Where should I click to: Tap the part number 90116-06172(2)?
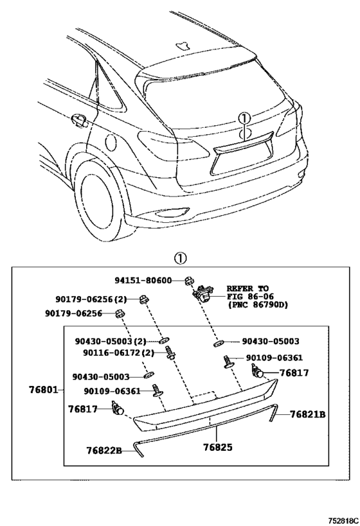pyautogui.click(x=118, y=353)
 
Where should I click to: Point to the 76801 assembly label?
pyautogui.click(x=42, y=390)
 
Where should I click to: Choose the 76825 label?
pyautogui.click(x=218, y=447)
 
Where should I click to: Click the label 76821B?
pyautogui.click(x=308, y=414)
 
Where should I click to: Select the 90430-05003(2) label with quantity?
pyautogui.click(x=111, y=342)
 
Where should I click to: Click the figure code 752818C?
pyautogui.click(x=343, y=521)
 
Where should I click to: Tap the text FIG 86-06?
pyautogui.click(x=250, y=296)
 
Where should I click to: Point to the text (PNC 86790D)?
pyautogui.click(x=258, y=305)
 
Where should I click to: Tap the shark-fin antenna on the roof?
pyautogui.click(x=183, y=46)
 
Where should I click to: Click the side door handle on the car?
pyautogui.click(x=79, y=120)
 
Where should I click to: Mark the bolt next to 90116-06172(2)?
pyautogui.click(x=170, y=353)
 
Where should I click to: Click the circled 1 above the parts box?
pyautogui.click(x=181, y=259)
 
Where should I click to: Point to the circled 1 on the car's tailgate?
pyautogui.click(x=244, y=118)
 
